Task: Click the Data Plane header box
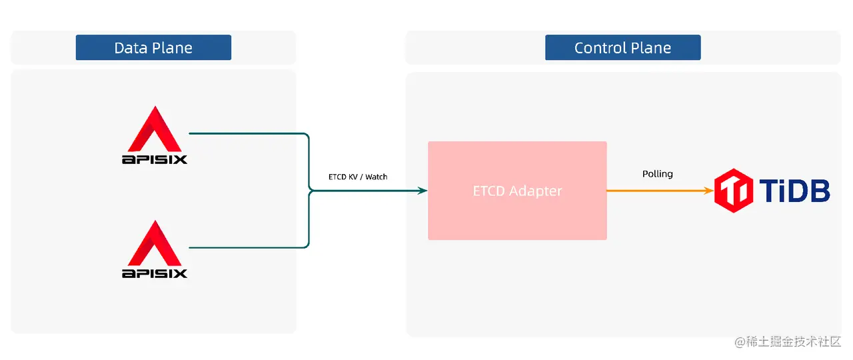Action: coord(153,48)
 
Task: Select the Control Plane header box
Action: coord(622,48)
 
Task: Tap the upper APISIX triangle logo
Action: coord(155,129)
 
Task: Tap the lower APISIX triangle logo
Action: coord(155,243)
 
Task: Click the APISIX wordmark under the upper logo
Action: coord(155,159)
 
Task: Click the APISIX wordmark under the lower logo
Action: coord(155,273)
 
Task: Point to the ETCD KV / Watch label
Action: coord(358,177)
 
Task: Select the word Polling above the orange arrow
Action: coord(657,174)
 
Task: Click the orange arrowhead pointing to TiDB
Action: coord(708,191)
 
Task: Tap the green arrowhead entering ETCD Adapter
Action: coord(422,191)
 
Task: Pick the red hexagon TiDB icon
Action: coord(734,191)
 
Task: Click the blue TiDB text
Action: coord(794,191)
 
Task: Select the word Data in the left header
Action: coord(128,48)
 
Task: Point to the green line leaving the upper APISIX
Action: coord(247,133)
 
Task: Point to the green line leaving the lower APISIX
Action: coord(247,248)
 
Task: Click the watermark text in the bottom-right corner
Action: coord(788,341)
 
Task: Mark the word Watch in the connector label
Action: coord(376,177)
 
